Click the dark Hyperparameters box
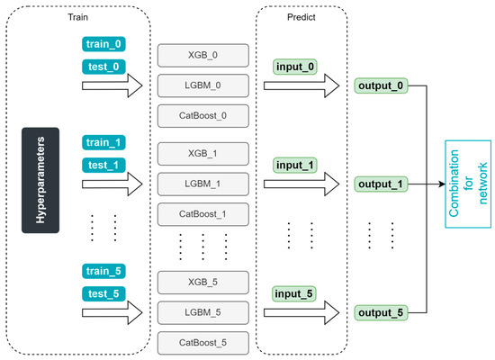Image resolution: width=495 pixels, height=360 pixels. coord(40,179)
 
